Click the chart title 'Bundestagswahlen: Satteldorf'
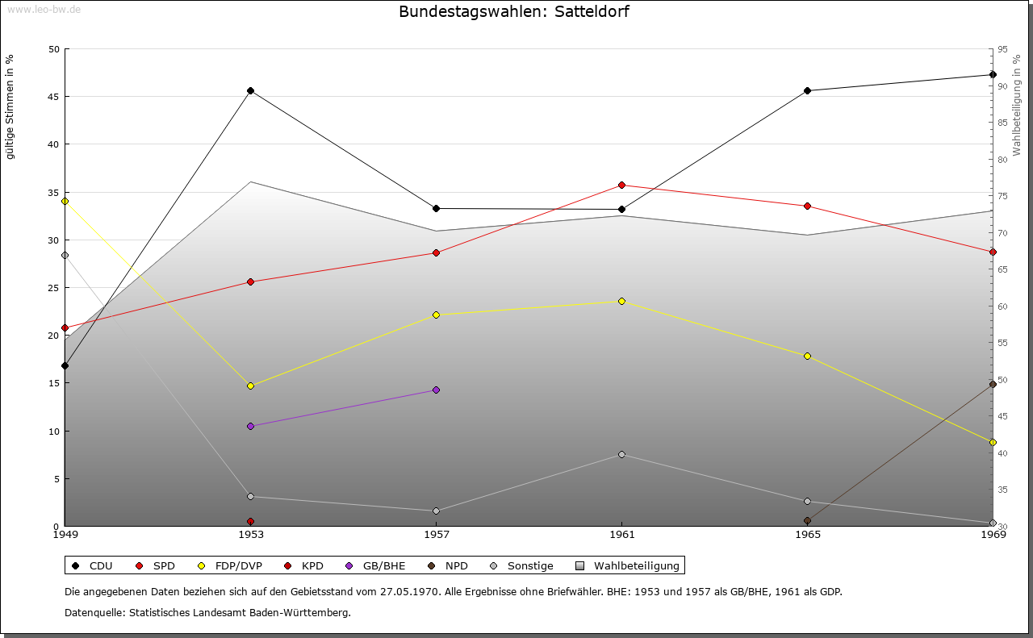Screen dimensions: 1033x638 click(514, 11)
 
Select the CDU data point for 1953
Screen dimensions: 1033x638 click(250, 91)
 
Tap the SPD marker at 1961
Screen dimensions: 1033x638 click(621, 186)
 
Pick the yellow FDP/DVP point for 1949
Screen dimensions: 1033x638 click(65, 202)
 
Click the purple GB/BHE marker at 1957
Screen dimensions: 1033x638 click(437, 390)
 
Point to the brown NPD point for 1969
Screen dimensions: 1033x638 click(993, 384)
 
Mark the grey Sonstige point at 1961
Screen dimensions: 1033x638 click(621, 455)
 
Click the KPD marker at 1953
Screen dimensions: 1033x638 click(250, 521)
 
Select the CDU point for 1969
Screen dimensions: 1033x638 click(993, 75)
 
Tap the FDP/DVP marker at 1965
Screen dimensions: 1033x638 click(808, 357)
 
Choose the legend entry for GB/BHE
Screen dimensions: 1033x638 click(375, 565)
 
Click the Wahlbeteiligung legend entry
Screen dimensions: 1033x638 click(628, 565)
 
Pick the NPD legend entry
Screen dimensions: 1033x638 click(448, 565)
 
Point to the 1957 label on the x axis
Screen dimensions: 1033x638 click(437, 535)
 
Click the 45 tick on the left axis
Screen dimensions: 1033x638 click(54, 97)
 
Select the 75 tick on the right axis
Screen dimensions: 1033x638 click(1002, 196)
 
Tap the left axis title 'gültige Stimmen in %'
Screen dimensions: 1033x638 click(10, 107)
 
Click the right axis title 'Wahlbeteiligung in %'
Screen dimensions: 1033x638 click(1017, 106)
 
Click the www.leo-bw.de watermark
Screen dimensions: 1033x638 click(44, 9)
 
